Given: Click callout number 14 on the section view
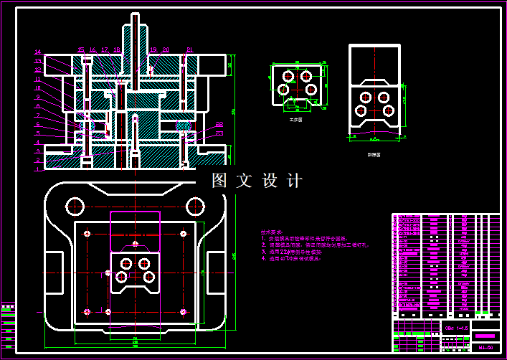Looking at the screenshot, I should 37,52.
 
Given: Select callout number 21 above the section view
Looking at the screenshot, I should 189,50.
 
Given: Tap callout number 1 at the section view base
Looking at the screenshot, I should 37,170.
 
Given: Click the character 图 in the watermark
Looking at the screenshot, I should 219,181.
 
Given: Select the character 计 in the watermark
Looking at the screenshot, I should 295,181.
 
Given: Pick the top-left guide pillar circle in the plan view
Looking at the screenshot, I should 75,207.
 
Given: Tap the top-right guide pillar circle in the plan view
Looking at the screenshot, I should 196,207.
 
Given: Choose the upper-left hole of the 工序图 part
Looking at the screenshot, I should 288,75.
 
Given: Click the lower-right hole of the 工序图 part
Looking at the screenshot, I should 311,89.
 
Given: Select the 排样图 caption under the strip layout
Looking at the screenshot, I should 374,153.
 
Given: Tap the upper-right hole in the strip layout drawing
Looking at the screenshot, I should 384,97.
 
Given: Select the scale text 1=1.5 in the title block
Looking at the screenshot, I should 460,328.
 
